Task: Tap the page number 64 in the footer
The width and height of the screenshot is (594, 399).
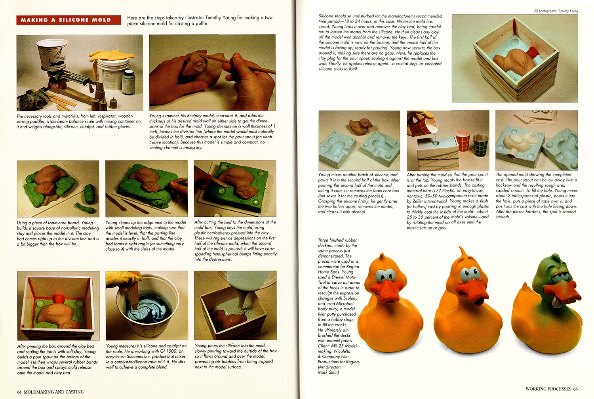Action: [19, 392]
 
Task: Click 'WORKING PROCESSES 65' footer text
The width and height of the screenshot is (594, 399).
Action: [551, 389]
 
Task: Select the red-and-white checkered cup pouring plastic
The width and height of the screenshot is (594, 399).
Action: [421, 127]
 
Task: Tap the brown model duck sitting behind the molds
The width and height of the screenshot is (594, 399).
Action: [361, 126]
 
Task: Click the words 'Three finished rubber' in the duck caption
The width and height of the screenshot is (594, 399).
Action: [337, 240]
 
